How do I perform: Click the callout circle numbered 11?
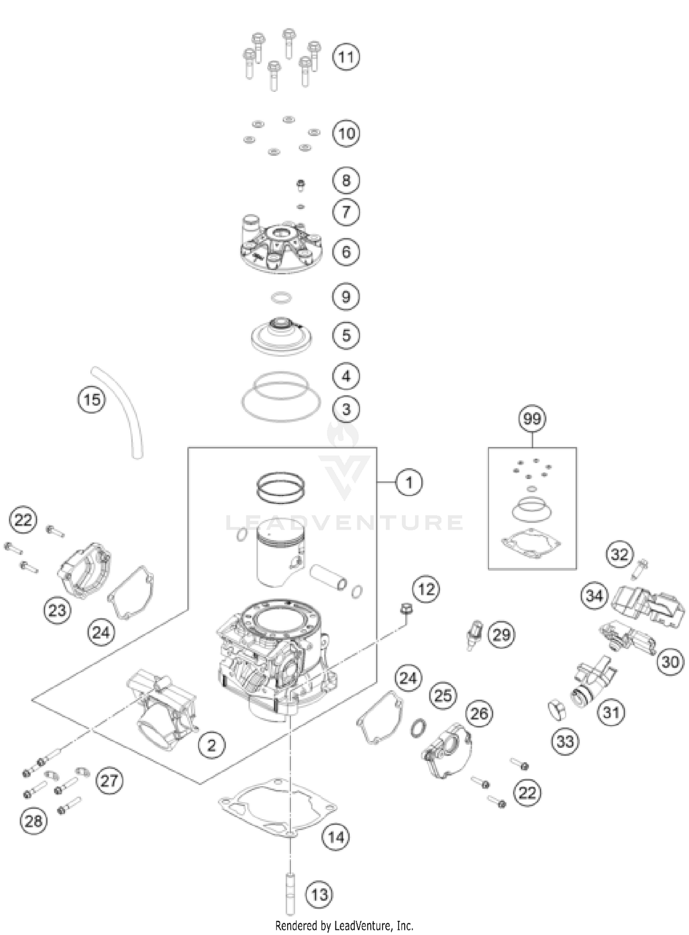(x=346, y=57)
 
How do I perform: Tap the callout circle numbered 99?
(x=532, y=419)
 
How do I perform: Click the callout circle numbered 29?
(x=501, y=635)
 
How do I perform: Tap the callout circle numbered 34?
(x=594, y=596)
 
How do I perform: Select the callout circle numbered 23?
(x=57, y=610)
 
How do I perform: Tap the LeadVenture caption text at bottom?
(x=344, y=925)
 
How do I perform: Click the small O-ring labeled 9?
(x=281, y=299)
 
